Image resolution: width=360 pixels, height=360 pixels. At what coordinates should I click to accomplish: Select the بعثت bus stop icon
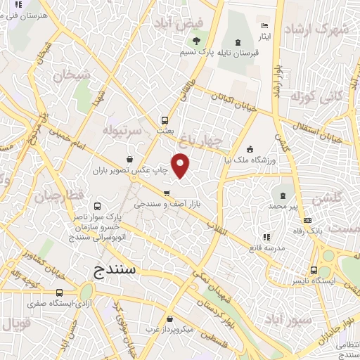point(165,120)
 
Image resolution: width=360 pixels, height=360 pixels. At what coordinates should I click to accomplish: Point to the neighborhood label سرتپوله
point(123,131)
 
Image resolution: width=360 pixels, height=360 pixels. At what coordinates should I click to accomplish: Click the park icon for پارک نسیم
point(197,40)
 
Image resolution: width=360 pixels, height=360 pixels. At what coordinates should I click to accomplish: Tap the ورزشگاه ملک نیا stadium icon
point(251,148)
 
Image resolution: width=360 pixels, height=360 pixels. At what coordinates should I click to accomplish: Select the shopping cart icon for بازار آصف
point(166,193)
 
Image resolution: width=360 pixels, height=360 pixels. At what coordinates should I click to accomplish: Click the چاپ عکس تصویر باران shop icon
point(129,159)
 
